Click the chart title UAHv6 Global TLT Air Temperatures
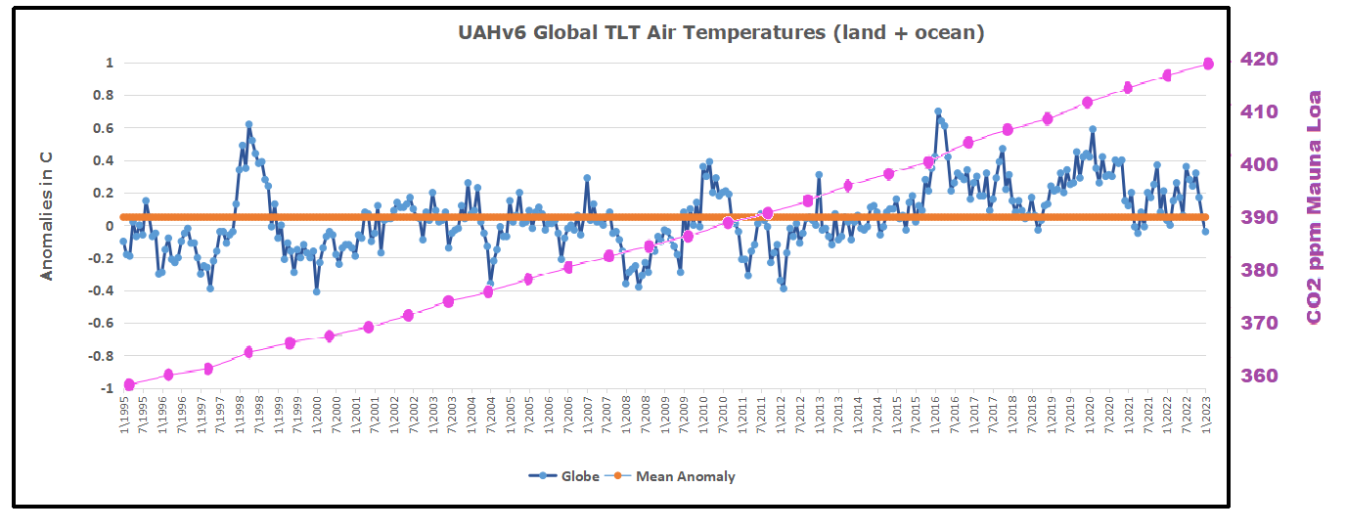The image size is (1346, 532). pyautogui.click(x=721, y=32)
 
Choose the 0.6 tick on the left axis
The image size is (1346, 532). pyautogui.click(x=104, y=127)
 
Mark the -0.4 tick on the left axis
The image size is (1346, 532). pyautogui.click(x=102, y=290)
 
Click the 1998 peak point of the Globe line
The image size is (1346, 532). pyautogui.click(x=248, y=124)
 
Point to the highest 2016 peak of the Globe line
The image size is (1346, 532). pyautogui.click(x=937, y=111)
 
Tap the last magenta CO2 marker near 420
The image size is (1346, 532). pyautogui.click(x=1208, y=64)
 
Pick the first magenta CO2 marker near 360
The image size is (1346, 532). pyautogui.click(x=129, y=384)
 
